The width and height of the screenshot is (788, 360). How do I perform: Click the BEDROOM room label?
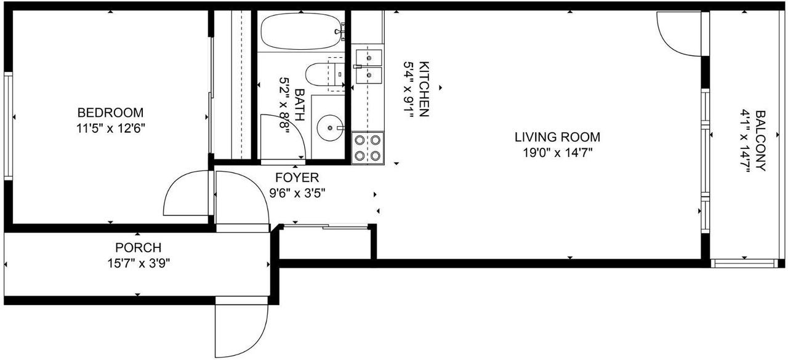[110, 113]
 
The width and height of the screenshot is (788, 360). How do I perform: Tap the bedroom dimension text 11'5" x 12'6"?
[110, 129]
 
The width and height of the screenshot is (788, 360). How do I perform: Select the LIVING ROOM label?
[557, 137]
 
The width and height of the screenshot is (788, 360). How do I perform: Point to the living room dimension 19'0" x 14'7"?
[557, 153]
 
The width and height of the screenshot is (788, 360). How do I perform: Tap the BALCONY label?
[760, 141]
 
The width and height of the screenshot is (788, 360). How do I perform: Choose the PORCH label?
[139, 247]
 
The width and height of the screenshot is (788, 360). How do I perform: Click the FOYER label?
[297, 178]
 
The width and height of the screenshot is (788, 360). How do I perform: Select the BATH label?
[299, 105]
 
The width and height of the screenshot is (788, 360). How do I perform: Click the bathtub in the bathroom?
[302, 31]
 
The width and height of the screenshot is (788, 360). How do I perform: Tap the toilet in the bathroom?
[324, 75]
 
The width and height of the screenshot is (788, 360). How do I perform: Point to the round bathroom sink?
[330, 128]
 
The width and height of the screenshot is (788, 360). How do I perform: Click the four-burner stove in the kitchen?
[368, 148]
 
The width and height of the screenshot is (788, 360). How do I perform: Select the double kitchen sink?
[369, 66]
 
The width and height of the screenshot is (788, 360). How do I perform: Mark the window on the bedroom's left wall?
[8, 126]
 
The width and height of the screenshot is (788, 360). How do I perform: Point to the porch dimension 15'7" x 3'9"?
[139, 263]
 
